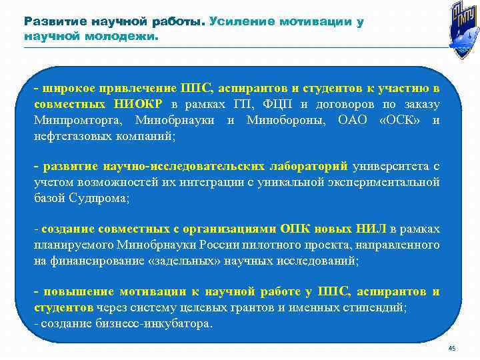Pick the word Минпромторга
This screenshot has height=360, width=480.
pyautogui.click(x=75, y=121)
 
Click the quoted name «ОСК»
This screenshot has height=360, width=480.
pyautogui.click(x=399, y=121)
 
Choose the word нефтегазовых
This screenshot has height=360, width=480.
pyautogui.click(x=71, y=137)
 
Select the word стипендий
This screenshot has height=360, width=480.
pyautogui.click(x=377, y=308)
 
